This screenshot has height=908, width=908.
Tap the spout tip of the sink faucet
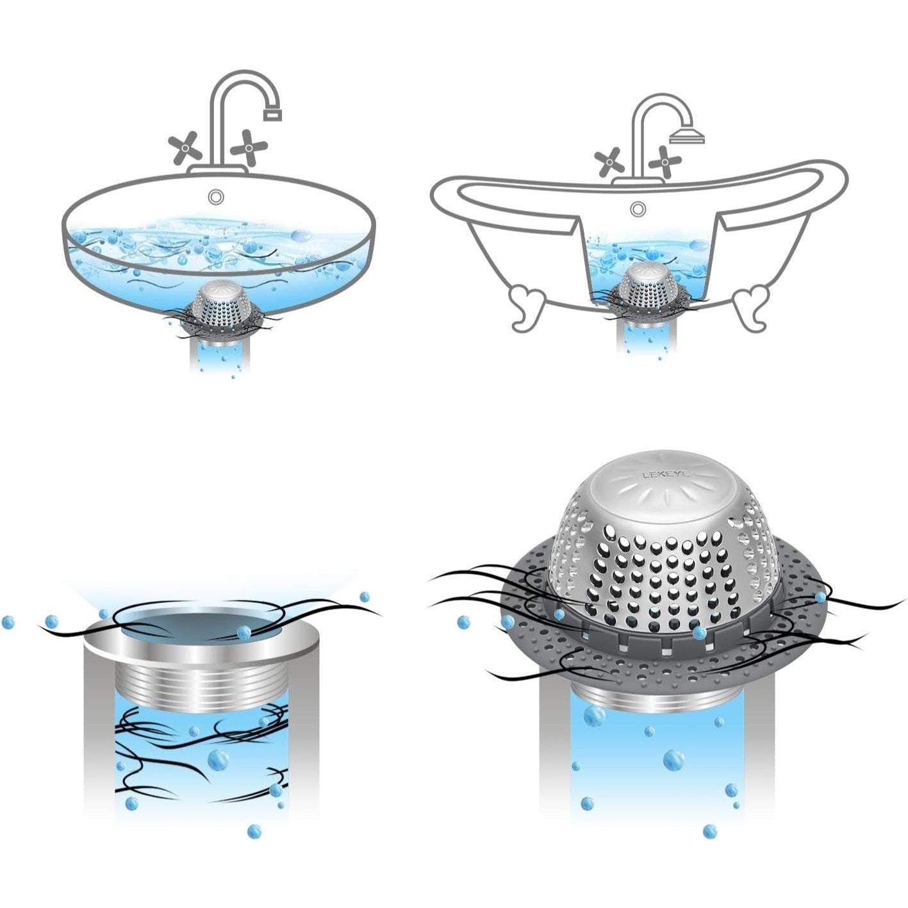coord(273,115)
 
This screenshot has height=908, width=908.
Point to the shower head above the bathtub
coord(687,136)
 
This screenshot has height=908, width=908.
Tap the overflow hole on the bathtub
coord(637,208)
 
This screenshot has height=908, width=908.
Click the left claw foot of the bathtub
coord(529,306)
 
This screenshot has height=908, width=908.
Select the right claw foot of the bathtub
coord(750,306)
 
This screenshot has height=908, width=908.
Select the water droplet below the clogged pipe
coord(254,831)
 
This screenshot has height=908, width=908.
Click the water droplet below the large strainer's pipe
coord(709,832)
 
